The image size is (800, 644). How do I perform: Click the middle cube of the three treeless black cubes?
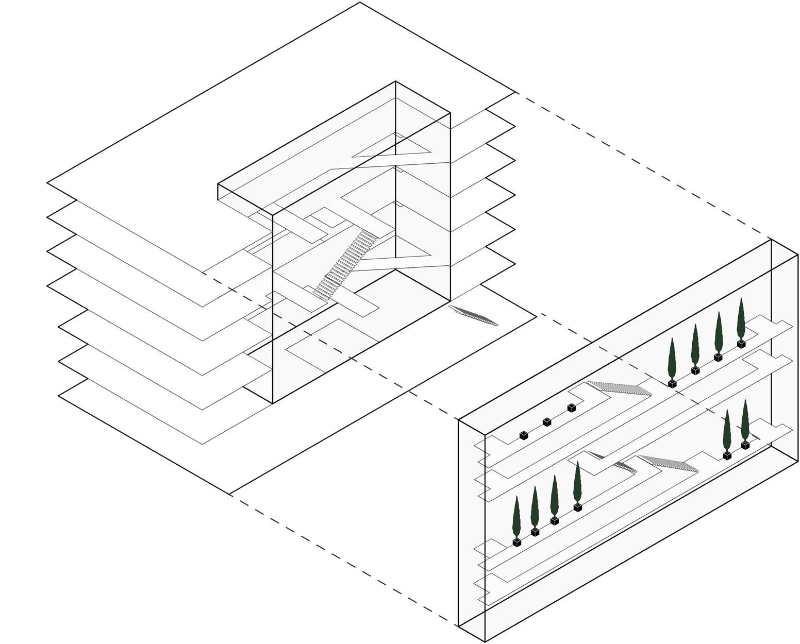(x=547, y=422)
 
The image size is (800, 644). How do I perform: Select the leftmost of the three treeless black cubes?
(x=524, y=435)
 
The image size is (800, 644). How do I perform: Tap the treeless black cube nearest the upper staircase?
(x=571, y=408)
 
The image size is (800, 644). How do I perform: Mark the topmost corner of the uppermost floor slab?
(x=360, y=3)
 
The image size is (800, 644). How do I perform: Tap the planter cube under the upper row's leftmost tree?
(x=672, y=384)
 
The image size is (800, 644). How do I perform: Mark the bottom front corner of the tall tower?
(x=272, y=403)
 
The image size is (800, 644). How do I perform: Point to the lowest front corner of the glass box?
(x=485, y=641)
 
